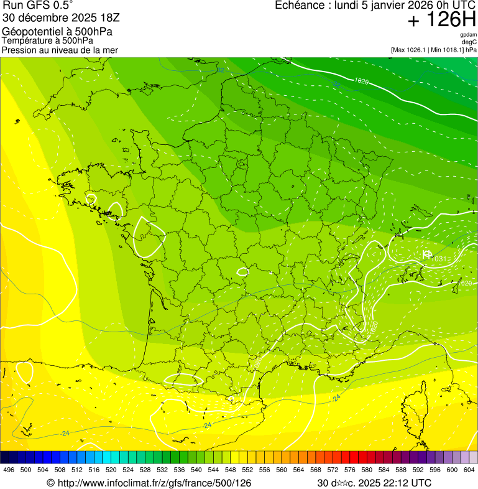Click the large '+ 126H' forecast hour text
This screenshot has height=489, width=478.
pos(441,21)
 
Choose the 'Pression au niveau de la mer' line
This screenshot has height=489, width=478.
pos(60,50)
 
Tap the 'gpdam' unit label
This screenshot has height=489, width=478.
pos(468,35)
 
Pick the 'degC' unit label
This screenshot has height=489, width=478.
pos(469,42)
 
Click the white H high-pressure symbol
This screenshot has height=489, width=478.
pos(427,254)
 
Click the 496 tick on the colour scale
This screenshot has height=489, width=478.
pos(9,470)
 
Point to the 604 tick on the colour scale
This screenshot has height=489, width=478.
pos(469,470)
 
